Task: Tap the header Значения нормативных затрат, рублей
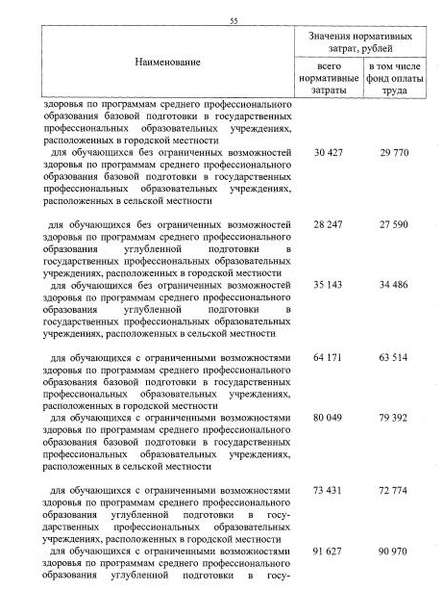[x=356, y=41]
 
